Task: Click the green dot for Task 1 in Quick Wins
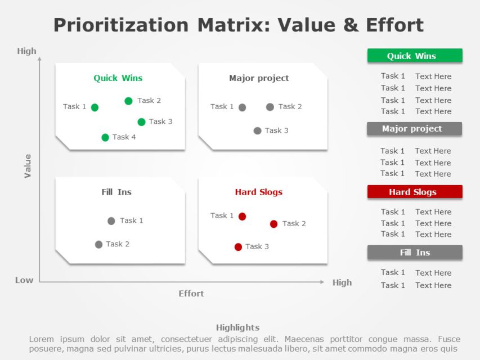click(x=95, y=107)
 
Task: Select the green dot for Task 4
click(x=105, y=137)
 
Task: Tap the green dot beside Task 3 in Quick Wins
click(x=141, y=122)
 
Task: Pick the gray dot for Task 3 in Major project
click(x=257, y=130)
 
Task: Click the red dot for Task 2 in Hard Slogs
click(x=273, y=224)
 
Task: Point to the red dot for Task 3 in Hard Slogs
click(x=238, y=247)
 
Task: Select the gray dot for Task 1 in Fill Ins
click(x=111, y=221)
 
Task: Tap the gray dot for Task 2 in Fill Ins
click(x=99, y=245)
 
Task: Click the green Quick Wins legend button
click(x=415, y=56)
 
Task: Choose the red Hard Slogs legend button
click(x=415, y=192)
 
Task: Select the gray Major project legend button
click(x=414, y=129)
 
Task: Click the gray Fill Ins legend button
click(x=415, y=253)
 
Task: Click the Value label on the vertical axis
click(x=28, y=166)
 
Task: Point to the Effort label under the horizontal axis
click(x=191, y=294)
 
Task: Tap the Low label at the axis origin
click(x=24, y=280)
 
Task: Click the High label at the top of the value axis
click(x=26, y=51)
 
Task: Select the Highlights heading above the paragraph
click(x=237, y=327)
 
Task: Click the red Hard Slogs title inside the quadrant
click(x=258, y=192)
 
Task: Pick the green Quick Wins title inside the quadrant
click(x=118, y=78)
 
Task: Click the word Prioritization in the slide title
click(x=121, y=25)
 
